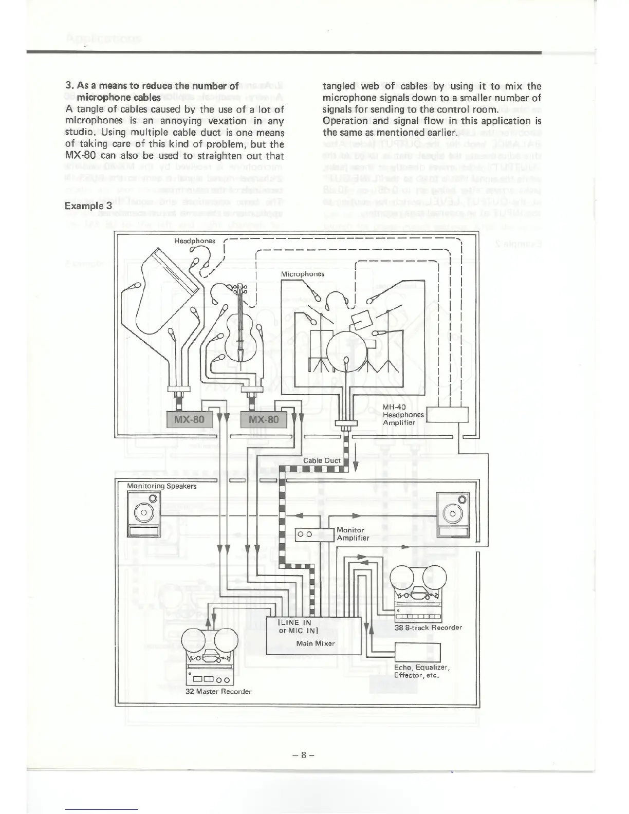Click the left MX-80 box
point(189,419)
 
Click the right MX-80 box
point(263,419)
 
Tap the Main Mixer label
point(316,643)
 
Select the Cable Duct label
point(322,460)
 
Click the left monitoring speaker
point(144,514)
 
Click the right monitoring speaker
point(453,514)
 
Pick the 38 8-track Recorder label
point(428,627)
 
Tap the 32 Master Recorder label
point(218,692)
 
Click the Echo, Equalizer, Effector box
point(417,653)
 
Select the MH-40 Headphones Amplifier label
point(403,415)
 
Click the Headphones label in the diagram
point(194,240)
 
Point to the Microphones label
point(303,274)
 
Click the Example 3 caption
point(88,206)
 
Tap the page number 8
point(304,755)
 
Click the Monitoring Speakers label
point(162,486)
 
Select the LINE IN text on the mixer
point(295,622)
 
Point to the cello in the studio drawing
point(240,329)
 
